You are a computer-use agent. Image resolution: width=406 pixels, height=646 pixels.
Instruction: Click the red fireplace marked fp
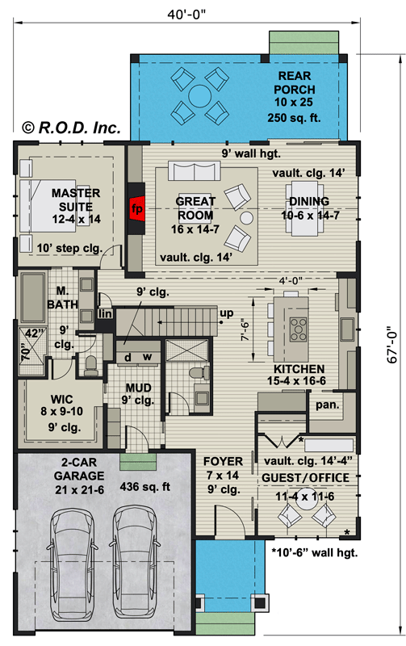136,208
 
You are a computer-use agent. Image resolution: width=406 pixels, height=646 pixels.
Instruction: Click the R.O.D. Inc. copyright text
71,127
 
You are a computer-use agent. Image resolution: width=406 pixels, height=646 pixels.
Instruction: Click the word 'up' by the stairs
227,313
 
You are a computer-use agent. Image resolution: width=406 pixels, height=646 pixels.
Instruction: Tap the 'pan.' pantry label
326,403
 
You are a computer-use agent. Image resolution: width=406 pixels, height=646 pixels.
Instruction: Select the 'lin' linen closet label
103,313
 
